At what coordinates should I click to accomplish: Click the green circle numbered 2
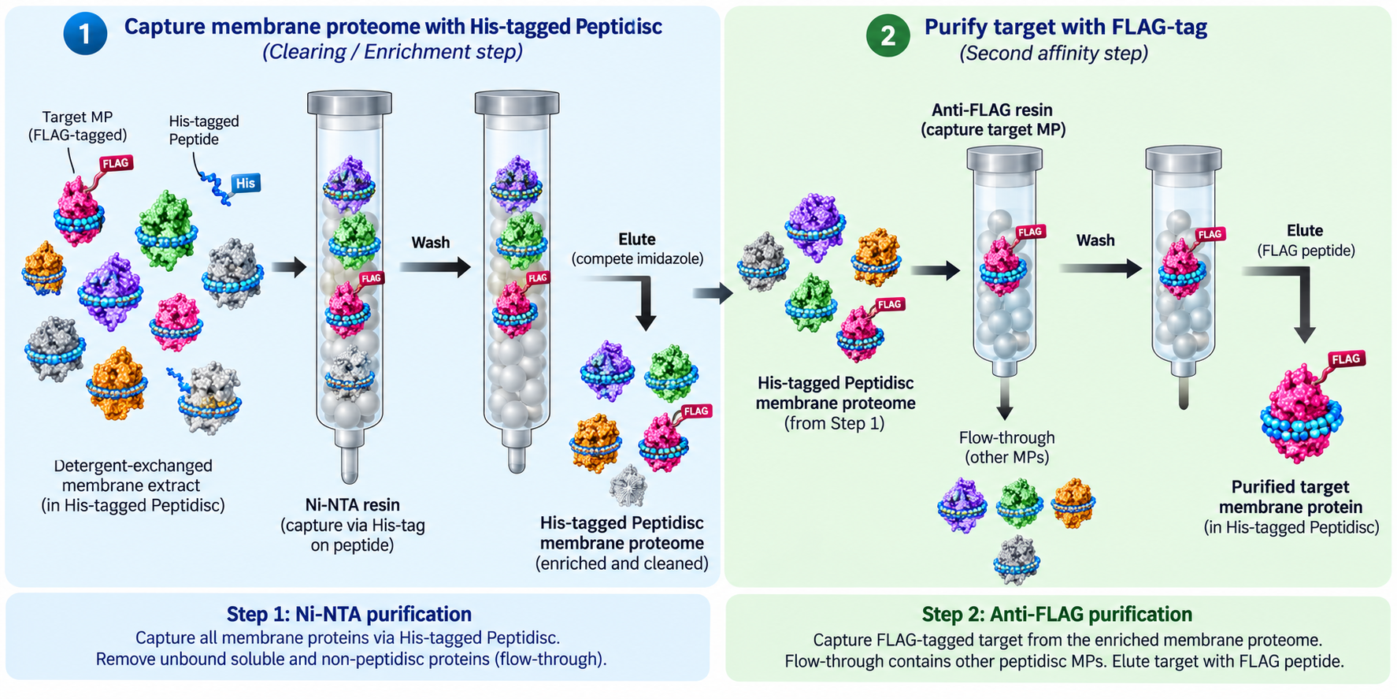pos(887,35)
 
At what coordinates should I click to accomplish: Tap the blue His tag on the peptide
pos(245,184)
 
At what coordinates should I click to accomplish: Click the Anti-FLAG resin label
pos(992,120)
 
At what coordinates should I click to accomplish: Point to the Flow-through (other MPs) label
pos(1007,448)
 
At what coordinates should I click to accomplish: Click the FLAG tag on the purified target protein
pos(1346,359)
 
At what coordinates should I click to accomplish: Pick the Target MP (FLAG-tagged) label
pos(77,126)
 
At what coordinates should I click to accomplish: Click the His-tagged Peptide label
pos(204,130)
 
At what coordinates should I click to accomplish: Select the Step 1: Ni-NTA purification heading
pos(349,614)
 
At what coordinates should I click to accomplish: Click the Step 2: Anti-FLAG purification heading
pos(1057,614)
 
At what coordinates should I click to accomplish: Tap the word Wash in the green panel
pos(1095,240)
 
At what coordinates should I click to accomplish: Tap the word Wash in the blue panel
pos(431,243)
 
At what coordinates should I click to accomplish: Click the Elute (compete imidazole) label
pos(637,249)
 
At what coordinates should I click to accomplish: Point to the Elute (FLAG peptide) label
pos(1306,240)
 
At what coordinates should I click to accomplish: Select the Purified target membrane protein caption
pos(1291,508)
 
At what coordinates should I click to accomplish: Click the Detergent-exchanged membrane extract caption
pos(132,485)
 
